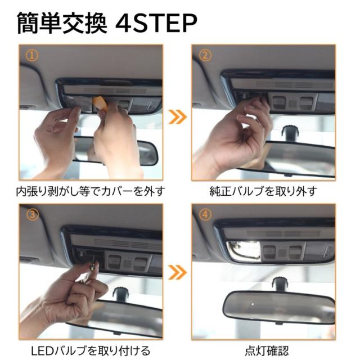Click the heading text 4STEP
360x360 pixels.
click(156, 23)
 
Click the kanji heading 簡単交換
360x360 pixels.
click(62, 23)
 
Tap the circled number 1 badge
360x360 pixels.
click(31, 55)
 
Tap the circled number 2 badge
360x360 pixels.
click(205, 55)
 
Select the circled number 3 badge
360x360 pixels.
click(32, 214)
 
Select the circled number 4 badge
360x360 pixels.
click(205, 214)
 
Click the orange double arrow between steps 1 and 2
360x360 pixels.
click(178, 117)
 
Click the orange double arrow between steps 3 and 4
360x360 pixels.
click(178, 272)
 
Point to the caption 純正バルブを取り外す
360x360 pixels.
click(263, 191)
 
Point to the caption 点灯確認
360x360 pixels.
click(267, 350)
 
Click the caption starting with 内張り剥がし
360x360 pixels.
click(91, 191)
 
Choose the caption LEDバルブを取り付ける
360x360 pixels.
click(91, 350)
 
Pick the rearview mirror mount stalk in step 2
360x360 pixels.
click(290, 133)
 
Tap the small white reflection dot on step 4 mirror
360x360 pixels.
click(253, 304)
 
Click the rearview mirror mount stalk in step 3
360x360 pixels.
click(120, 294)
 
